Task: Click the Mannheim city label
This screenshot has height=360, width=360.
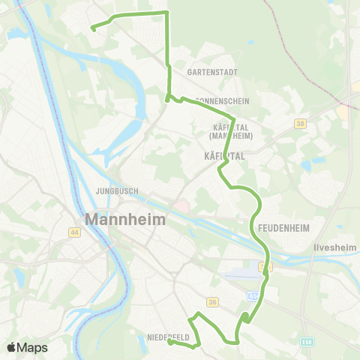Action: (126, 220)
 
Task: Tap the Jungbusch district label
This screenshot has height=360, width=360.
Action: (116, 191)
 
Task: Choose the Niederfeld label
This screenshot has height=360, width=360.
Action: (168, 337)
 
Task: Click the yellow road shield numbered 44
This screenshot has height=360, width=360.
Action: (75, 232)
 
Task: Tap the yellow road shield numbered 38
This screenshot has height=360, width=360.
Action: (301, 124)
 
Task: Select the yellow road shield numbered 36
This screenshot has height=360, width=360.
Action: (212, 302)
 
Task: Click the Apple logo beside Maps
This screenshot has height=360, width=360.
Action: (12, 347)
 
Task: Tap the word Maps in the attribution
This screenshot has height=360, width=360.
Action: (32, 347)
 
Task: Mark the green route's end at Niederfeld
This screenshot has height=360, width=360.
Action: (169, 342)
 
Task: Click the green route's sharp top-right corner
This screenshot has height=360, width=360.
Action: (166, 13)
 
